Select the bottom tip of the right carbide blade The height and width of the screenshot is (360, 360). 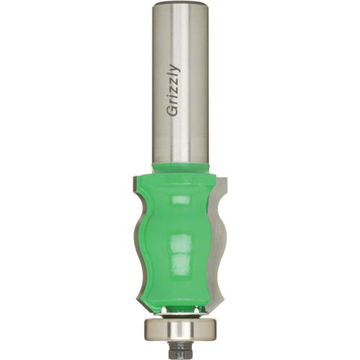(220, 303)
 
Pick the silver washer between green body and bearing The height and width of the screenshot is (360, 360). (179, 312)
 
